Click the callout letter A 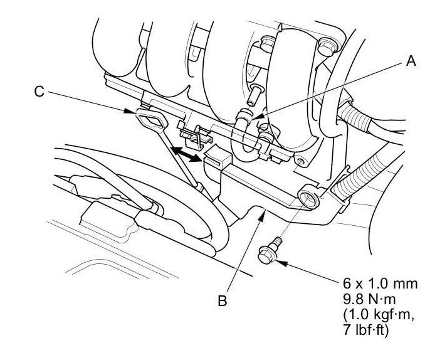click(x=411, y=61)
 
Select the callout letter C click(x=39, y=92)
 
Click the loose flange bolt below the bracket click(x=268, y=254)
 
